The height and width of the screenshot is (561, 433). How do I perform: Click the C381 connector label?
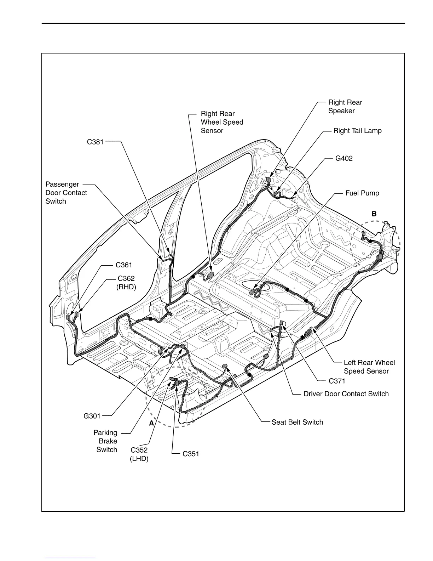click(x=95, y=142)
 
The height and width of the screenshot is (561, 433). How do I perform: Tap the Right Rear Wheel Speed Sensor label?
click(x=222, y=122)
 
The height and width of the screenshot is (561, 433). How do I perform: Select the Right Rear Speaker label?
click(x=345, y=107)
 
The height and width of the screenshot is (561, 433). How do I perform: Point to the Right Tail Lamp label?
click(x=357, y=131)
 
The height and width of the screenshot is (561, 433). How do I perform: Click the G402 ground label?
click(x=344, y=158)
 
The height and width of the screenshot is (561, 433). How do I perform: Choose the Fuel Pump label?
click(x=362, y=193)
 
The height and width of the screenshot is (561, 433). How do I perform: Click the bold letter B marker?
click(x=374, y=214)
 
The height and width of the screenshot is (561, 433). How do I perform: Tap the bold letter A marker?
click(x=151, y=423)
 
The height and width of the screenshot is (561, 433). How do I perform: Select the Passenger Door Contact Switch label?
click(x=66, y=193)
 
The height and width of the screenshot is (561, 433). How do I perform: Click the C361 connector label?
click(x=124, y=265)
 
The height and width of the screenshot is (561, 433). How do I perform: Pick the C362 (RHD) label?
click(x=126, y=283)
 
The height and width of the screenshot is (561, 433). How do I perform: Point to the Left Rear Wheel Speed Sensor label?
click(x=369, y=367)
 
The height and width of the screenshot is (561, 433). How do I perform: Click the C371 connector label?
click(x=337, y=381)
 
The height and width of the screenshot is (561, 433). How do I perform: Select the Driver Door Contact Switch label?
click(x=346, y=394)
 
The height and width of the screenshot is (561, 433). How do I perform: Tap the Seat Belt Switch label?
click(x=297, y=422)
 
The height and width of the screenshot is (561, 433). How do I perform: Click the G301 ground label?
click(x=92, y=416)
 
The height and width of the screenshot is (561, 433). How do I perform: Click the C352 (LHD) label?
click(x=139, y=454)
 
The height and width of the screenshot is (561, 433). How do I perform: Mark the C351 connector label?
click(x=191, y=454)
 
